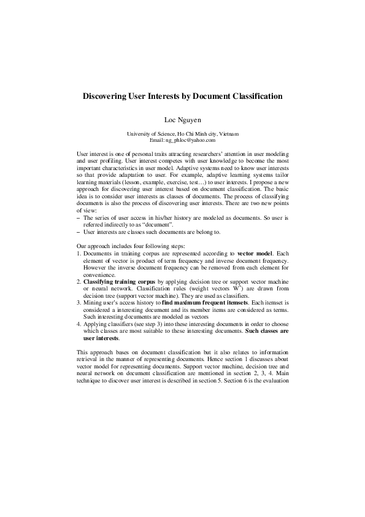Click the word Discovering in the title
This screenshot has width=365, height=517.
pos(104,96)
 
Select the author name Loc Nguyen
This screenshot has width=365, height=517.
pos(182,119)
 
